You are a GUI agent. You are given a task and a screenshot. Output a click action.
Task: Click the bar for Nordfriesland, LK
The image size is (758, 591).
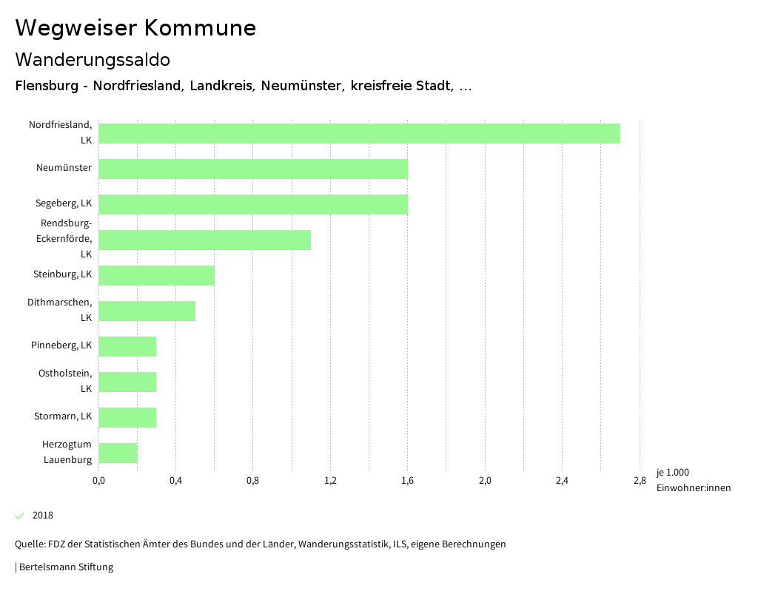point(359,133)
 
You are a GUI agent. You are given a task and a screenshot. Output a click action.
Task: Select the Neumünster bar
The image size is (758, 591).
point(253,169)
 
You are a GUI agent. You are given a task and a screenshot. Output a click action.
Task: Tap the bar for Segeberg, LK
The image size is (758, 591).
point(253,204)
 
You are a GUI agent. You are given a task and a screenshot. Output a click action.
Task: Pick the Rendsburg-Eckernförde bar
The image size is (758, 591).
point(204,240)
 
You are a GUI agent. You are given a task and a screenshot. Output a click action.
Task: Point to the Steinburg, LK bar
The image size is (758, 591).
point(156,275)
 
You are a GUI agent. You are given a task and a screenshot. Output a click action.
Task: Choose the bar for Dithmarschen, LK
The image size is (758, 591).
point(147,311)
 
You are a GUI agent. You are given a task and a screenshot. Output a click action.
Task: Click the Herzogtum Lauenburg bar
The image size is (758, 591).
point(118,453)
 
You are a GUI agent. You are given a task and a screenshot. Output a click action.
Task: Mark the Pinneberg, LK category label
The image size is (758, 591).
point(61,345)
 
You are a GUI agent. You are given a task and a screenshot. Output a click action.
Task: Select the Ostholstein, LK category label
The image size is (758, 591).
point(65,381)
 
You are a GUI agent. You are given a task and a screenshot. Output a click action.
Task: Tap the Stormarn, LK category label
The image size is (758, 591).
point(63,416)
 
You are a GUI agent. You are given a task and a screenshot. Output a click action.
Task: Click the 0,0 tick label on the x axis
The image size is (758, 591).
point(98,482)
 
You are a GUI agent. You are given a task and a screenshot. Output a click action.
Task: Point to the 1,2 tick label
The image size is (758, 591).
point(330,482)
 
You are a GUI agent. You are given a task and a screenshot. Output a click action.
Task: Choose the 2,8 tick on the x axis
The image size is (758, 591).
point(640,482)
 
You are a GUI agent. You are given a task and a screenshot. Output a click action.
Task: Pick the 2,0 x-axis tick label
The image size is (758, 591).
point(485,482)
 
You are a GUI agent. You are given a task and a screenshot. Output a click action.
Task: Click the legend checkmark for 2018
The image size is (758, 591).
point(20,516)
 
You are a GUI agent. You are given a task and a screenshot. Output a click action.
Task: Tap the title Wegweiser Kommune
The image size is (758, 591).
point(135,28)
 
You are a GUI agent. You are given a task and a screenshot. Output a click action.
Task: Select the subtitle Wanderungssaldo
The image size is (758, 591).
point(93,59)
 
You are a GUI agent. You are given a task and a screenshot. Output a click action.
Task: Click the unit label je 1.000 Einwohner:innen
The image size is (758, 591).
point(693,480)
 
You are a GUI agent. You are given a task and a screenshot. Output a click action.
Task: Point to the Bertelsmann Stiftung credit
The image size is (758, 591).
point(66,567)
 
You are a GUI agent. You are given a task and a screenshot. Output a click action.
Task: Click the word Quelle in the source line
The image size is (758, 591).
point(29,544)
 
